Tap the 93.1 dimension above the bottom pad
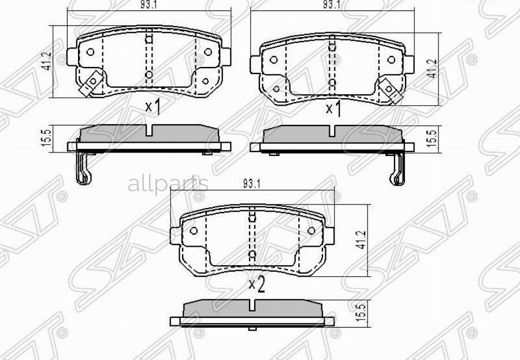click(251, 184)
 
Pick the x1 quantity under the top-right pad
click(333, 108)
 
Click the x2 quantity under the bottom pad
click(256, 284)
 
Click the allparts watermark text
click(168, 184)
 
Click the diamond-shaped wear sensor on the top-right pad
click(388, 88)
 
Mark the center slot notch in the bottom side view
click(252, 307)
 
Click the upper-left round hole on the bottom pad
click(194, 231)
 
